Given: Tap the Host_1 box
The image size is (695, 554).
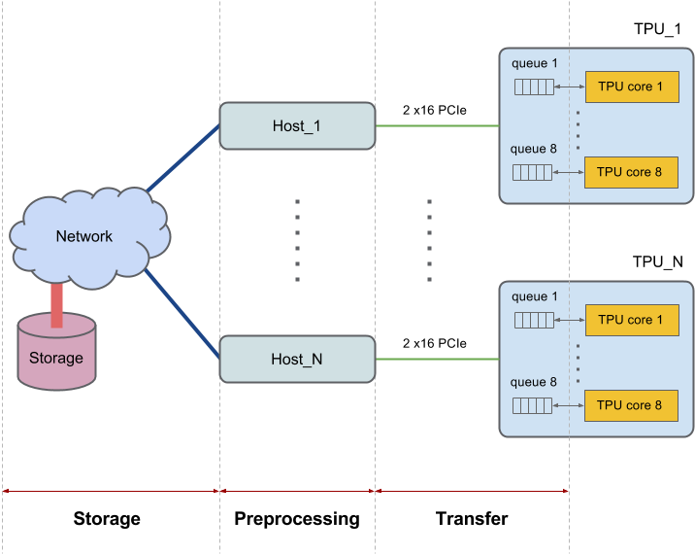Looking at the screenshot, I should [296, 126].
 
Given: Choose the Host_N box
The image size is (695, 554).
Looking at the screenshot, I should [296, 359].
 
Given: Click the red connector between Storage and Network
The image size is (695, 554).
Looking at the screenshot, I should [56, 302].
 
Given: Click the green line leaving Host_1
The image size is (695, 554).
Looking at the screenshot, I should [437, 125].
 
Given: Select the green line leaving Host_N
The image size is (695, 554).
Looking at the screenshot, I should [437, 359].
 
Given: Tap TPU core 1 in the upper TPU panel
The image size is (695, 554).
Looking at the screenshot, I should [631, 87].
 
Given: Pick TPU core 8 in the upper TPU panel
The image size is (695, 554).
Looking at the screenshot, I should [631, 172].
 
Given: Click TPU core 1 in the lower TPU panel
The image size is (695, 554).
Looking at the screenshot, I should [631, 320].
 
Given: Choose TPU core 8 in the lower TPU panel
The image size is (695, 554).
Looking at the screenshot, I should [631, 405].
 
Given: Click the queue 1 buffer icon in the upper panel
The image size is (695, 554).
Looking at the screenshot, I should [533, 87].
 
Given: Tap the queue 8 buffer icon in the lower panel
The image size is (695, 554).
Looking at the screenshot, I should [533, 406].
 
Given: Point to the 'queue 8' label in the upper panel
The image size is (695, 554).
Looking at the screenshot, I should [534, 150].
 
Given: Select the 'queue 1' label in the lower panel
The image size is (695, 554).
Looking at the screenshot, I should [535, 296].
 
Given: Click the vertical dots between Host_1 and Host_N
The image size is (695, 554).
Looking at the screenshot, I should [297, 241].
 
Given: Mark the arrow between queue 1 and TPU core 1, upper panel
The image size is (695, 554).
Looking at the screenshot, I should [569, 87].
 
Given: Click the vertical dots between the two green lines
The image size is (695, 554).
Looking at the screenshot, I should [429, 241].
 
